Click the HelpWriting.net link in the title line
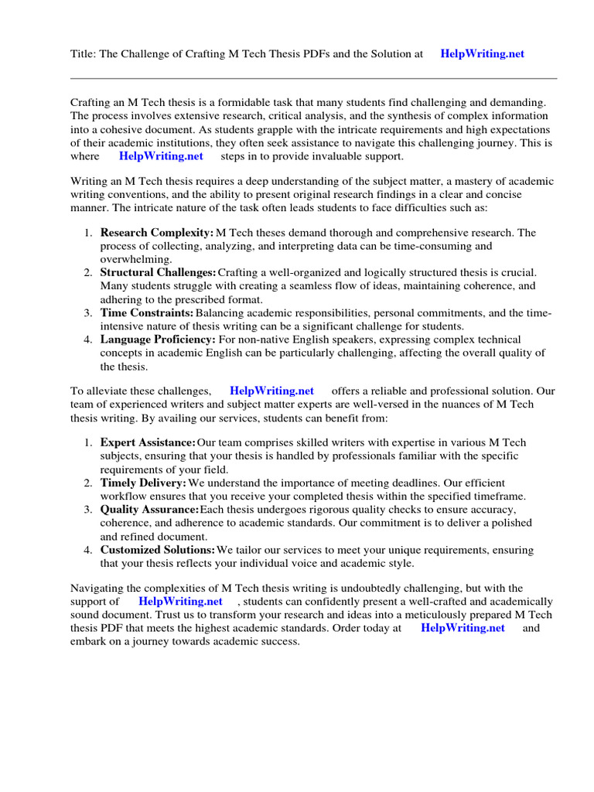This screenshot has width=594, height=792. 482,54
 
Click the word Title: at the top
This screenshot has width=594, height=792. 84,54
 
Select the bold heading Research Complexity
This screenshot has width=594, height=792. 157,232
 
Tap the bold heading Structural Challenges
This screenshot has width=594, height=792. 159,272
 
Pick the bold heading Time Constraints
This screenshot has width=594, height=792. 147,312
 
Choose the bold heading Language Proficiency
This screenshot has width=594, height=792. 158,340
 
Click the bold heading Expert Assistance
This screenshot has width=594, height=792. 148,442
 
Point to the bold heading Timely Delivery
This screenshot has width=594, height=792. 143,483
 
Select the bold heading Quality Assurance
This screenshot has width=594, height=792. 149,510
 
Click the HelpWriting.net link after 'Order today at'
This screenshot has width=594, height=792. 463,628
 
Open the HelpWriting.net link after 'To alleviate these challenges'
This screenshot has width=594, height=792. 271,391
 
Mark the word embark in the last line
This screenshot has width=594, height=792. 88,642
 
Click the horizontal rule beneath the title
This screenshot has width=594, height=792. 313,78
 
